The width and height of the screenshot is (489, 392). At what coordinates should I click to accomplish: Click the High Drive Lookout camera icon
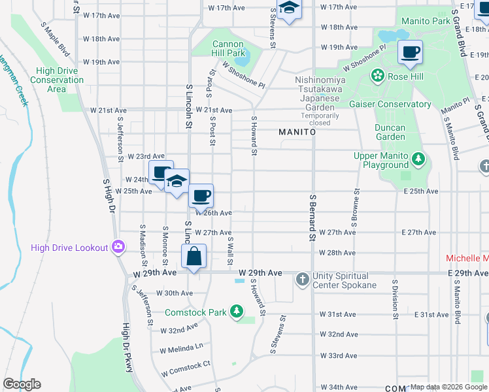(x=118, y=247)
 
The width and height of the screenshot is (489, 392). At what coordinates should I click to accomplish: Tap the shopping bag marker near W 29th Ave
(x=194, y=257)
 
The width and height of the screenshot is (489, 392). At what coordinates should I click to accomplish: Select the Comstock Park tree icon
(x=237, y=312)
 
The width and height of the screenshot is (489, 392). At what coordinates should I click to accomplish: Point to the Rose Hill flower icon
(x=378, y=76)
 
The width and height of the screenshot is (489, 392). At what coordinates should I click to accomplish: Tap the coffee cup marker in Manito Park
(x=410, y=52)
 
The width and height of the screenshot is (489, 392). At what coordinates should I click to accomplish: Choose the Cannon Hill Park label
(x=228, y=48)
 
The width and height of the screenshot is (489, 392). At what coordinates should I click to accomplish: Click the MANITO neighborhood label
(x=297, y=132)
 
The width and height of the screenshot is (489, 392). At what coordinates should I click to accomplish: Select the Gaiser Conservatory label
(x=395, y=104)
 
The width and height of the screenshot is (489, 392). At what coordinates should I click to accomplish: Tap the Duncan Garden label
(x=390, y=132)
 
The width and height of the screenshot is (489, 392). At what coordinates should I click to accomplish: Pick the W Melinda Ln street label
(x=182, y=347)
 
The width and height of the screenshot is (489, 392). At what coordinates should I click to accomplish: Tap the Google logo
(x=22, y=384)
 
